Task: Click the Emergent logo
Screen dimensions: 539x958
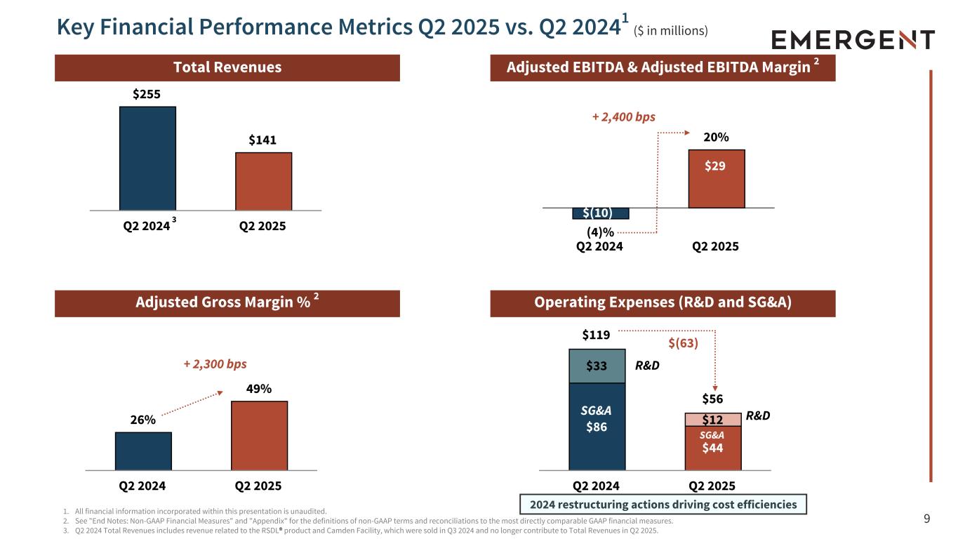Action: click(x=853, y=39)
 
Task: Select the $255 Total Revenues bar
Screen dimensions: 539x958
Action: click(x=147, y=158)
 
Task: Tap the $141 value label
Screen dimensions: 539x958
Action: click(x=263, y=140)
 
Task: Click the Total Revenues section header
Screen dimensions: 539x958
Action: click(x=227, y=67)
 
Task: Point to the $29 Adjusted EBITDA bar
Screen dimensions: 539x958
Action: click(x=716, y=179)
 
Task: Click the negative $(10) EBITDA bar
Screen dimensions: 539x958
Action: click(x=601, y=213)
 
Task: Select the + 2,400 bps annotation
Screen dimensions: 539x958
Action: click(x=624, y=117)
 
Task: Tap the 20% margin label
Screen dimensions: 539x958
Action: click(x=716, y=138)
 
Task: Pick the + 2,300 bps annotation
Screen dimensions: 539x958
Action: click(x=215, y=364)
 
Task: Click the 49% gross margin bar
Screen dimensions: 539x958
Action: click(x=259, y=435)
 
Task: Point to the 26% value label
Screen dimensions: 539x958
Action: click(x=143, y=420)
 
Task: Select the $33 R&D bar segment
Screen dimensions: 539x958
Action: click(x=597, y=366)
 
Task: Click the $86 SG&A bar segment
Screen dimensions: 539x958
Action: click(x=597, y=426)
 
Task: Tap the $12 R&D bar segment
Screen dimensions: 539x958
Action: click(x=713, y=419)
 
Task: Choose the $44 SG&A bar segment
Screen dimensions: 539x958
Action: click(x=713, y=447)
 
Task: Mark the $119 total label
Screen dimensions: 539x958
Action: click(x=597, y=336)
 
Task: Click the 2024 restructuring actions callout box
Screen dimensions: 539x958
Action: click(x=663, y=504)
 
